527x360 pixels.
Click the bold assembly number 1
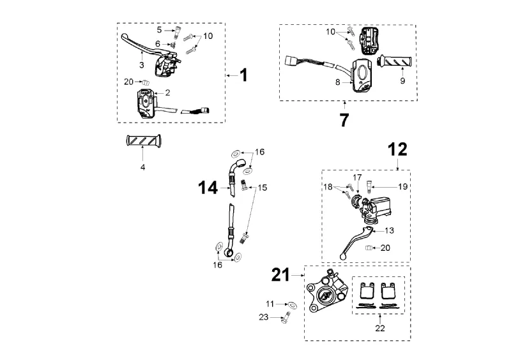click(x=243, y=75)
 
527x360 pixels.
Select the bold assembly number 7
click(x=344, y=119)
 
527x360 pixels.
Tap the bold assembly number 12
click(x=397, y=150)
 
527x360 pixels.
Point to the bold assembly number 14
click(x=208, y=187)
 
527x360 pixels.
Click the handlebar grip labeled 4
click(x=144, y=140)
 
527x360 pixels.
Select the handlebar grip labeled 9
click(x=396, y=62)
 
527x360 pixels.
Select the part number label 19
click(x=402, y=186)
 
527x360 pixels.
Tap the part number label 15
click(x=263, y=188)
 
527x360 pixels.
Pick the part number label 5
click(x=160, y=29)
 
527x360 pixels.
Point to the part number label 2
click(x=167, y=93)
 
